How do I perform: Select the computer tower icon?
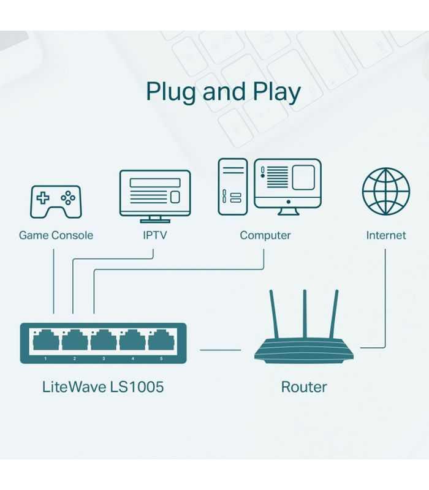coord(233,186)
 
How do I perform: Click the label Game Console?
coord(56,235)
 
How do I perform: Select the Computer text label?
coord(265,235)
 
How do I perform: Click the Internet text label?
coord(385,235)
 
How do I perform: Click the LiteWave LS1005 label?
coord(103,387)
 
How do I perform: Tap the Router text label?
coord(304,387)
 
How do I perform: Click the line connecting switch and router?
coord(221,350)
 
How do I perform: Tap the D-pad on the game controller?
coord(43,198)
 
